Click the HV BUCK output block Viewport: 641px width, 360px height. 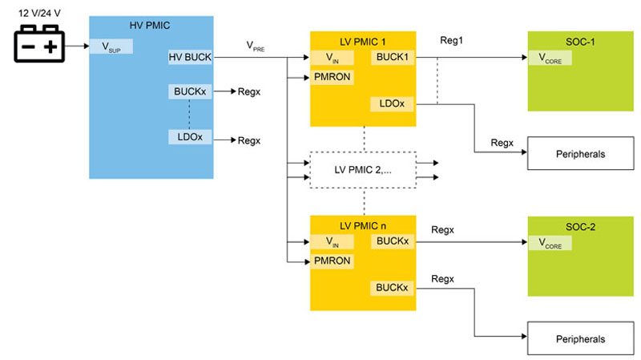[189, 58]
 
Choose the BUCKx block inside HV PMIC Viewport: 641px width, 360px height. [189, 91]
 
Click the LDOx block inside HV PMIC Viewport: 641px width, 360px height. [189, 138]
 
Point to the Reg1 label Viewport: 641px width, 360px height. [453, 39]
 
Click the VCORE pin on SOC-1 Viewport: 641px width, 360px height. [549, 58]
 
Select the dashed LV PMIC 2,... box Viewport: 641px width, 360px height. [363, 171]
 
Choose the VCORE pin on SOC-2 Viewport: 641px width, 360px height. [549, 241]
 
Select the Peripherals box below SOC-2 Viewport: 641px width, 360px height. [578, 338]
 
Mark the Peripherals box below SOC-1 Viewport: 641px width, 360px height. [578, 153]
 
